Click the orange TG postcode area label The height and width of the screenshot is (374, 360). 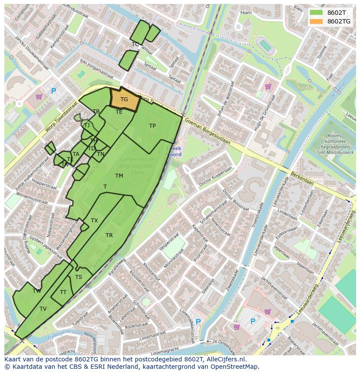(124, 99)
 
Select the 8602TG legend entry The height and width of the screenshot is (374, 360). (339, 21)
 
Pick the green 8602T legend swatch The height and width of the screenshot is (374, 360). (316, 13)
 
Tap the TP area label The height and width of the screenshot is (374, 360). (152, 126)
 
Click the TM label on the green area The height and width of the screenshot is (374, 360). (119, 176)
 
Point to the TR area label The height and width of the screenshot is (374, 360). (109, 235)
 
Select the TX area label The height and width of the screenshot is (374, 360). (94, 221)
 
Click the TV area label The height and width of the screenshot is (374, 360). (43, 309)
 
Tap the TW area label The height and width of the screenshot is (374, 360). (37, 291)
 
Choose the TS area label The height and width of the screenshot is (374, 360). (79, 277)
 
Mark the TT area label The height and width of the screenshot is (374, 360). (63, 292)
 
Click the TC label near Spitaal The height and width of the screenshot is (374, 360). (135, 44)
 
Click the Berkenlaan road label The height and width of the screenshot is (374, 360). (303, 177)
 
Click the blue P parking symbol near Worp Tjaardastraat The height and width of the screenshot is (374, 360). (53, 91)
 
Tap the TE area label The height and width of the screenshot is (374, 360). (119, 112)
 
